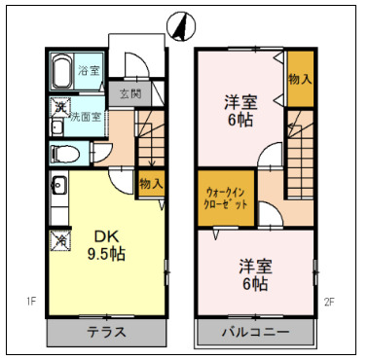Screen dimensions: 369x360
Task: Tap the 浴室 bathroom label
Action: [x=89, y=70]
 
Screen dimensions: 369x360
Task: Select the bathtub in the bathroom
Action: [x=60, y=72]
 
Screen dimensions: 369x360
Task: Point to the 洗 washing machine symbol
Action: [x=59, y=105]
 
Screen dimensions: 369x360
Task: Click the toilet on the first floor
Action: [x=63, y=153]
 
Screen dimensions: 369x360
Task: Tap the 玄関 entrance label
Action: [x=129, y=95]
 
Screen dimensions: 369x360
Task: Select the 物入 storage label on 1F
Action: [x=150, y=182]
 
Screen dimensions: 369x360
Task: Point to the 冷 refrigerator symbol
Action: [x=60, y=238]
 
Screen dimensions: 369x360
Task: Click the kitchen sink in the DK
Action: [x=57, y=184]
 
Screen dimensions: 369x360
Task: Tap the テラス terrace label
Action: [x=108, y=332]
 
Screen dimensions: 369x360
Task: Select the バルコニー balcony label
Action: [x=254, y=332]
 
